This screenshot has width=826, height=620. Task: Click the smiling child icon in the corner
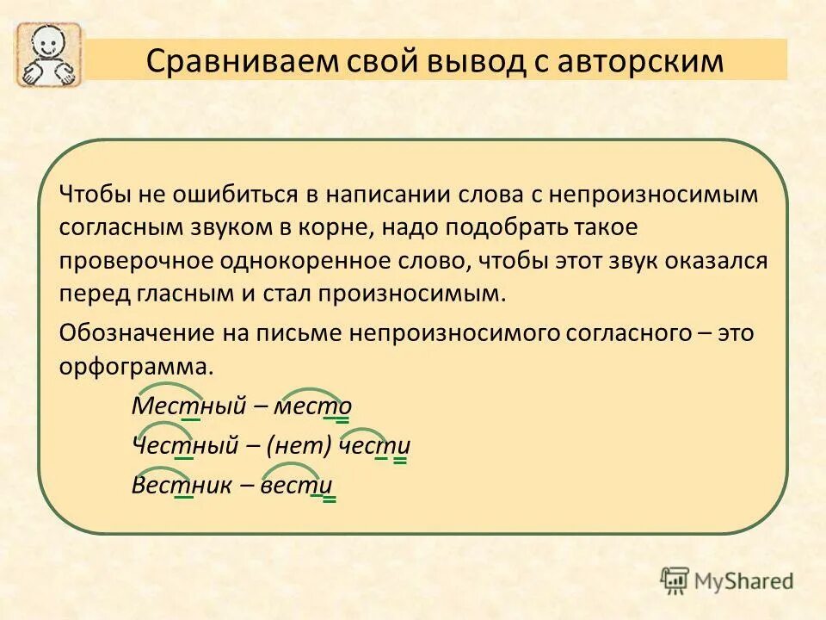[48, 55]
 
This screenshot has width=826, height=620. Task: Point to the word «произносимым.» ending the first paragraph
[413, 294]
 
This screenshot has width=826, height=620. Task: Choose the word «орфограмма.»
[136, 366]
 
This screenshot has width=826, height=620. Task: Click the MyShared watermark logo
[727, 580]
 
